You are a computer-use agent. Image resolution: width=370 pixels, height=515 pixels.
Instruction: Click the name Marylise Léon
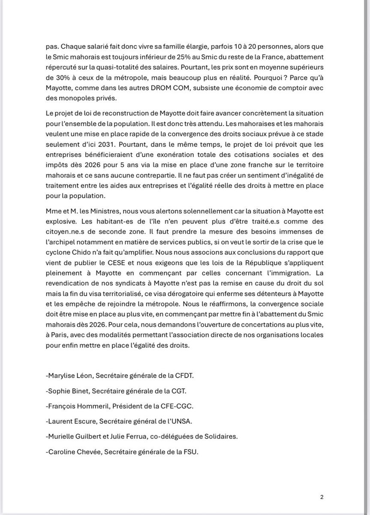pyautogui.click(x=69, y=376)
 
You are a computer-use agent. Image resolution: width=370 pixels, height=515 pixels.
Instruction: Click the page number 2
pyautogui.click(x=322, y=497)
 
